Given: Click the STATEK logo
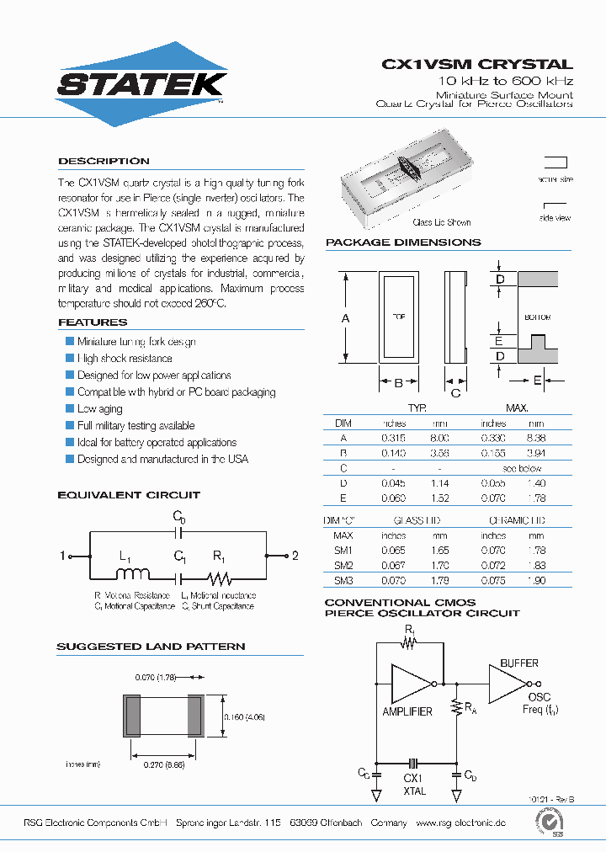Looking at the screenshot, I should (141, 83).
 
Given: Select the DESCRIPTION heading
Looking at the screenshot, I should (104, 161).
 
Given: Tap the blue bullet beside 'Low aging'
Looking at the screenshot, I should (70, 408).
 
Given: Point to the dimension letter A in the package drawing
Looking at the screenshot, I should (345, 317).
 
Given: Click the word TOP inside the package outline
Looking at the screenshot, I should (399, 317).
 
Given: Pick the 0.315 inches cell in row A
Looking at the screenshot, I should (394, 438).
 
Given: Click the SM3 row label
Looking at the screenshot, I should (343, 581).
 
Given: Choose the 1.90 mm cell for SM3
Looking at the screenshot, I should (536, 581).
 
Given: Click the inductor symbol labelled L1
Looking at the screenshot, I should (131, 575).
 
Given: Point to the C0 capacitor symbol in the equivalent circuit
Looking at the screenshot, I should (178, 533).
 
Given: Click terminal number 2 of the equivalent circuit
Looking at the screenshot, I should (295, 556).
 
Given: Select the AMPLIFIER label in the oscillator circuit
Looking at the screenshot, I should (407, 711).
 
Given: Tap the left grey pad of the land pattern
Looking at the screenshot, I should (131, 716).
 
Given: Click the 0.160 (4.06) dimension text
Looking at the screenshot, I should (244, 716).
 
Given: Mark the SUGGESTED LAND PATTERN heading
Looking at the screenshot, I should (151, 647).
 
